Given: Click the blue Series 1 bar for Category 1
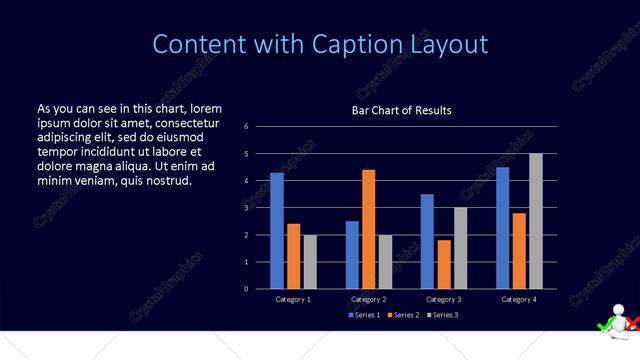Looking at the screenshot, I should (x=277, y=231).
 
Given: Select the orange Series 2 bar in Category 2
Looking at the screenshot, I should (x=368, y=229).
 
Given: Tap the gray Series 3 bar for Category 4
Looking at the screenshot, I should (x=536, y=221).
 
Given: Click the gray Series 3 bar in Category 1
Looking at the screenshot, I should (x=310, y=262).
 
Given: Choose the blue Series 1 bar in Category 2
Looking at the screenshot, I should (x=352, y=255).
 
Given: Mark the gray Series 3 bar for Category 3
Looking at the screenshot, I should (x=460, y=248).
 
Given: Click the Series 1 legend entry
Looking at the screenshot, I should (x=366, y=315).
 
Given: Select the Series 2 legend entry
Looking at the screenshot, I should (x=403, y=315).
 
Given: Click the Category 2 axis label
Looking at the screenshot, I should (x=368, y=299).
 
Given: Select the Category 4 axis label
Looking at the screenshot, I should (x=518, y=299).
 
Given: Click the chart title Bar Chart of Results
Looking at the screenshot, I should (x=401, y=110).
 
